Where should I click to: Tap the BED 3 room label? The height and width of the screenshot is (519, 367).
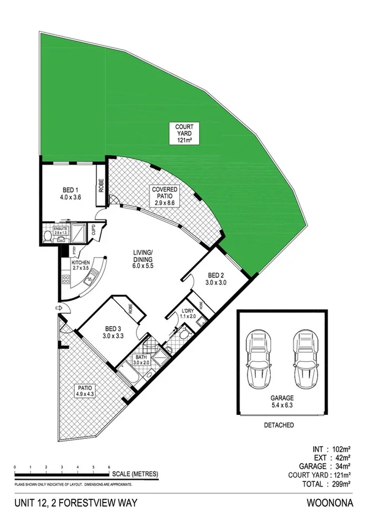(113, 331)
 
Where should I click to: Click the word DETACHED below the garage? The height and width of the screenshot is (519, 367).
(281, 425)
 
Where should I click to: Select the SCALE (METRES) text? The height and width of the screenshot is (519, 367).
(135, 474)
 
